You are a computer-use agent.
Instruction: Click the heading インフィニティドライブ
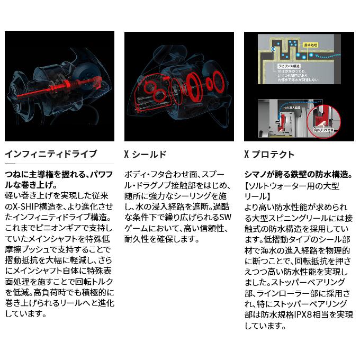point(51,154)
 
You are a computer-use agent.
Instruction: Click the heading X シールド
point(145,154)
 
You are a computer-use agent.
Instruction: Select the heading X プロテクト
point(269,154)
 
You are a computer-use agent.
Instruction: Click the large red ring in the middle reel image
point(202,85)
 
